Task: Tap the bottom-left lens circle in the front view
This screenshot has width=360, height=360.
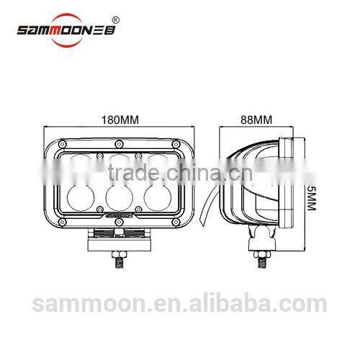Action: tap(78, 197)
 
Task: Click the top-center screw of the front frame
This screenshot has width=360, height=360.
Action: tap(117, 142)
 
